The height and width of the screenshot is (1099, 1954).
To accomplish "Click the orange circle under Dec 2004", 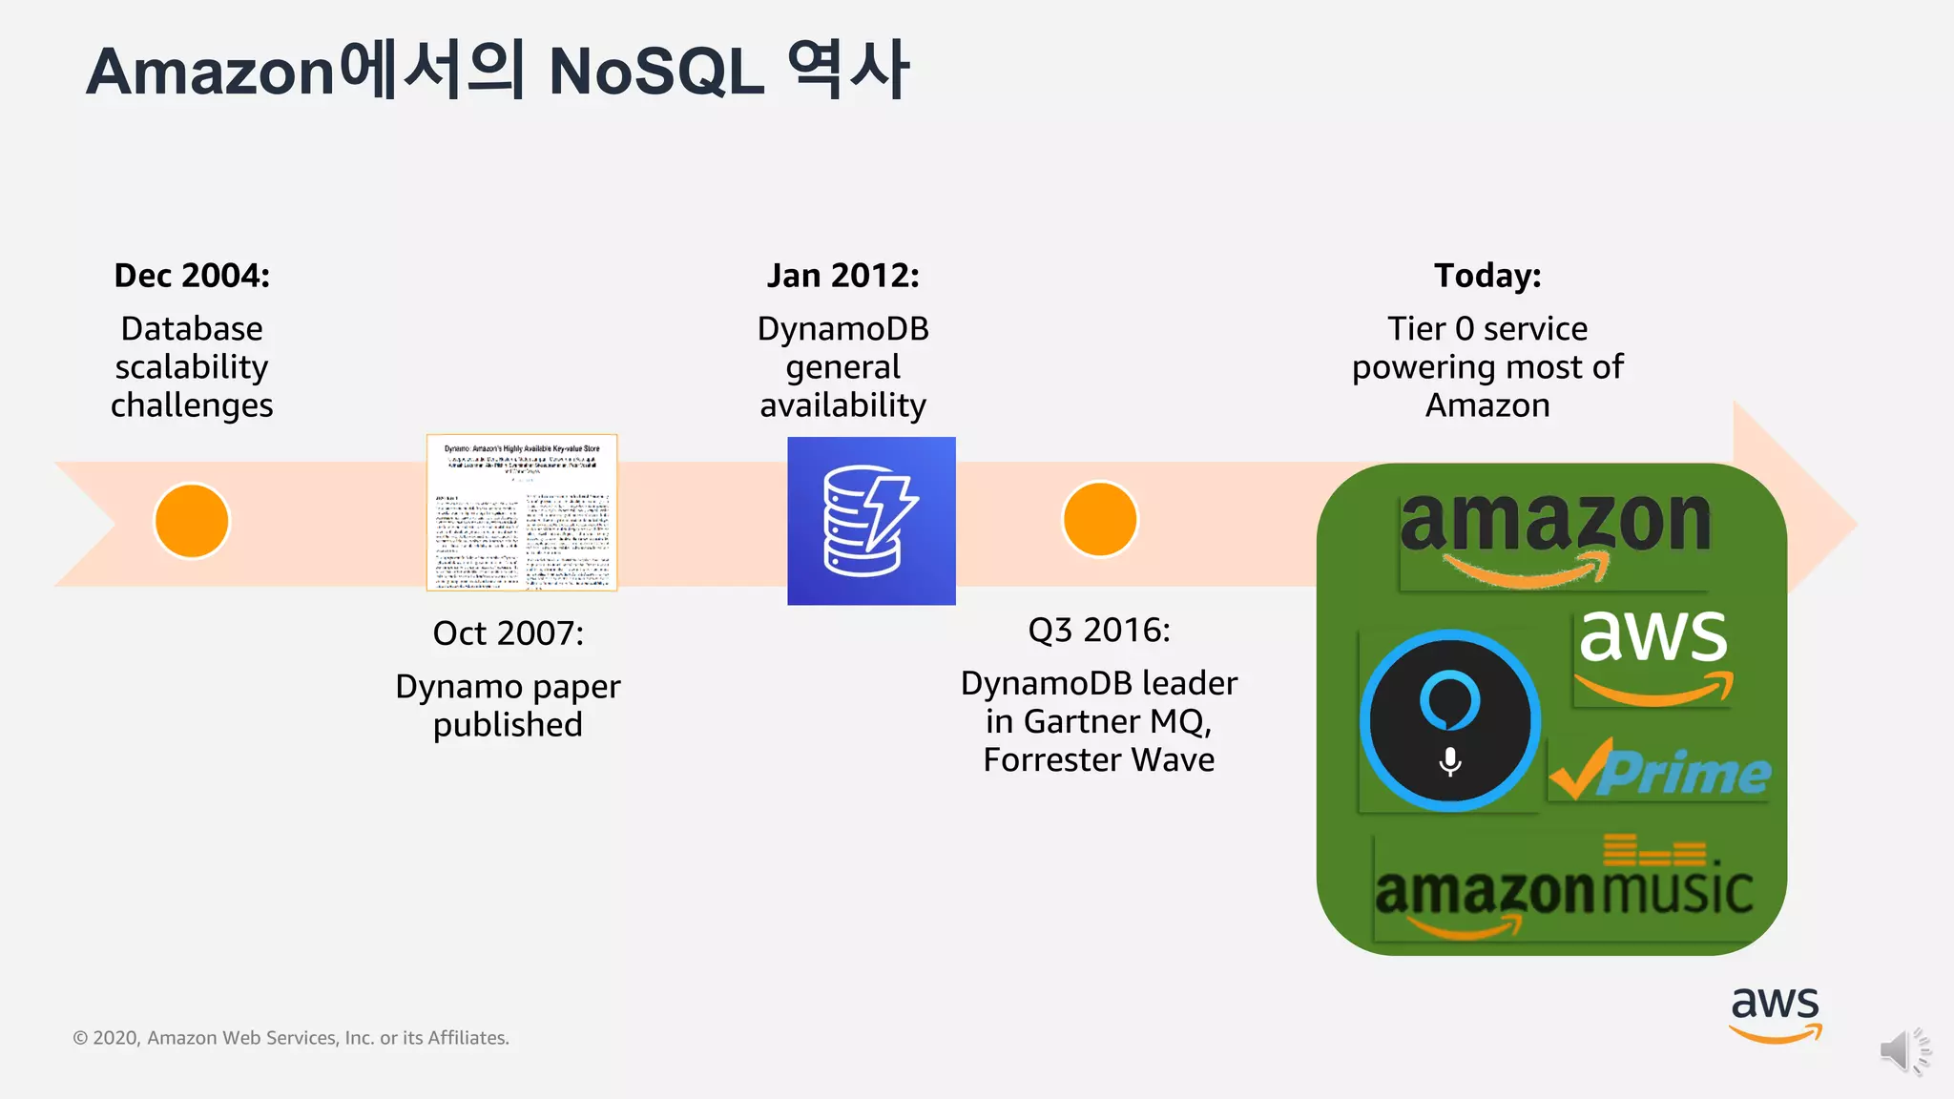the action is pyautogui.click(x=192, y=521).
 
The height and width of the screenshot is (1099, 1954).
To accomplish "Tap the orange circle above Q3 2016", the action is pyautogui.click(x=1099, y=519).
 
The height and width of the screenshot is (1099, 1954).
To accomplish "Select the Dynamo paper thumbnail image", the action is pyautogui.click(x=522, y=512).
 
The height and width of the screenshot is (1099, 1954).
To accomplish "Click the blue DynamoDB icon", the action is pyautogui.click(x=871, y=521).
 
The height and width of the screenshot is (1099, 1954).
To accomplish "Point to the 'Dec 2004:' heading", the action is pyautogui.click(x=192, y=276).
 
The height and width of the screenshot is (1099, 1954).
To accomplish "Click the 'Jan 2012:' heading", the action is pyautogui.click(x=843, y=276).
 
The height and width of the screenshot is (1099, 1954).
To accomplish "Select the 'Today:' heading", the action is pyautogui.click(x=1487, y=276).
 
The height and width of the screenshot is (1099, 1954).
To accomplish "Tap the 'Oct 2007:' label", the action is pyautogui.click(x=508, y=633).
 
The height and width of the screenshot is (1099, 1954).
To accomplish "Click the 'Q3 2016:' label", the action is pyautogui.click(x=1099, y=631).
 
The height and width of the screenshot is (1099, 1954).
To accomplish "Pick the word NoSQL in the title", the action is pyautogui.click(x=656, y=73).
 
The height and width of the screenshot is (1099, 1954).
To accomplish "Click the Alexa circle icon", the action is pyautogui.click(x=1450, y=720).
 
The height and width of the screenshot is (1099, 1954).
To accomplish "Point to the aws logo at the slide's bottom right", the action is pyautogui.click(x=1775, y=1014).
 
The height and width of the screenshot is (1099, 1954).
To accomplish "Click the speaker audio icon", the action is pyautogui.click(x=1904, y=1051).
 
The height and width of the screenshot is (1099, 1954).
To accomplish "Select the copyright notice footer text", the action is pyautogui.click(x=291, y=1038).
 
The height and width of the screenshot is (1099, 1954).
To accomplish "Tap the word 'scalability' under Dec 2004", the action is pyautogui.click(x=192, y=367).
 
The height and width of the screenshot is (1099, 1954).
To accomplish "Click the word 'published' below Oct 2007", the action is pyautogui.click(x=508, y=725).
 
